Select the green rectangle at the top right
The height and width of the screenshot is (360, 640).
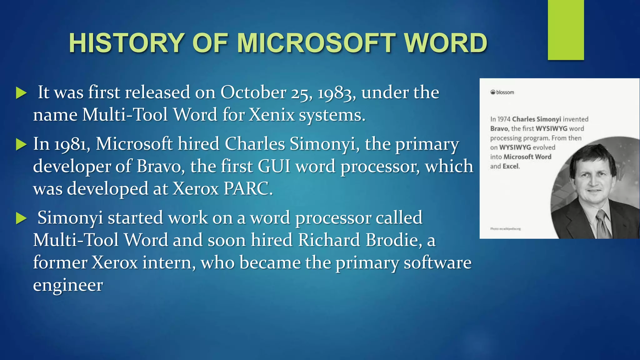[x=566, y=30]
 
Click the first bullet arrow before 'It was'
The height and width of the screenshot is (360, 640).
[x=21, y=93]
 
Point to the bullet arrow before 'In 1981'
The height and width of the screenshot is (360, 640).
[x=21, y=144]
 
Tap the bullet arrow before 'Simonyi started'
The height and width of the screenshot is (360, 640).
[x=21, y=218]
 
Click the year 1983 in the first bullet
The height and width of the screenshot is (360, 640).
[x=336, y=93]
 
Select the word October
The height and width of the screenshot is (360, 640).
[x=253, y=92]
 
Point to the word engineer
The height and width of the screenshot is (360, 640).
[x=68, y=285]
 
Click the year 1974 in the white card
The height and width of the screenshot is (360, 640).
[x=503, y=119]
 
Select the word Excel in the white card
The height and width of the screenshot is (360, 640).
[x=511, y=166]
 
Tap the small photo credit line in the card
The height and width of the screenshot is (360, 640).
[x=505, y=229]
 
